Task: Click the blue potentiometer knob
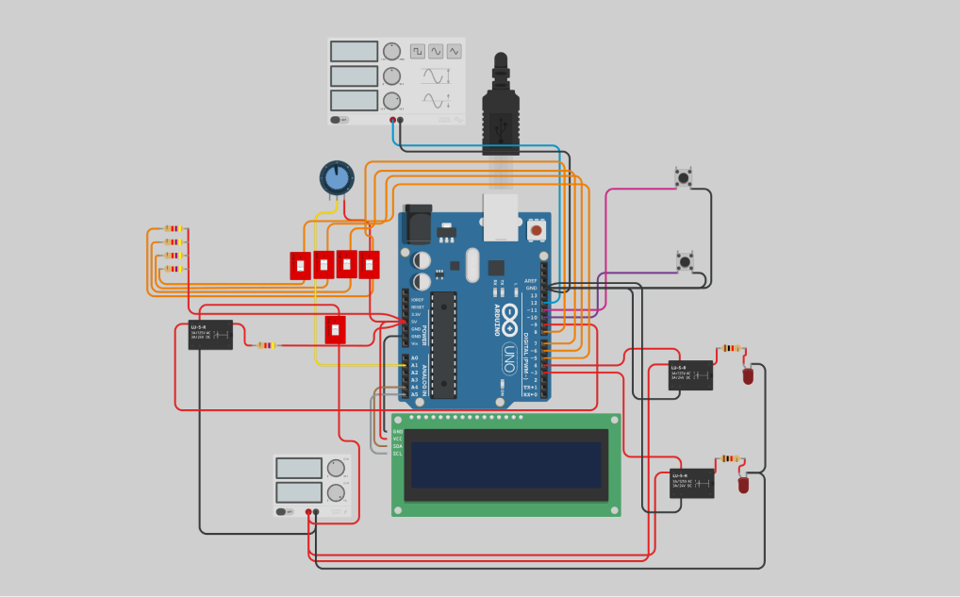[x=336, y=177]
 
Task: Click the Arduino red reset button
[x=536, y=229]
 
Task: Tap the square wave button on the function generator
[x=417, y=51]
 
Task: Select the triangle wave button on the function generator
[x=455, y=51]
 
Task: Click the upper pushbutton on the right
[x=684, y=177]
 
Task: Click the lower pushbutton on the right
[x=685, y=261]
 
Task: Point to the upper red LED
[x=748, y=375]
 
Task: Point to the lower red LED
[x=743, y=485]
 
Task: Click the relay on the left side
[x=210, y=335]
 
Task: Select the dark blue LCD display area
[x=505, y=464]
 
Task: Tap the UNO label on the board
[x=509, y=359]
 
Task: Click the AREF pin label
[x=531, y=281]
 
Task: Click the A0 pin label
[x=414, y=358]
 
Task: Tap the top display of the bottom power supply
[x=299, y=468]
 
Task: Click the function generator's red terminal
[x=392, y=120]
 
